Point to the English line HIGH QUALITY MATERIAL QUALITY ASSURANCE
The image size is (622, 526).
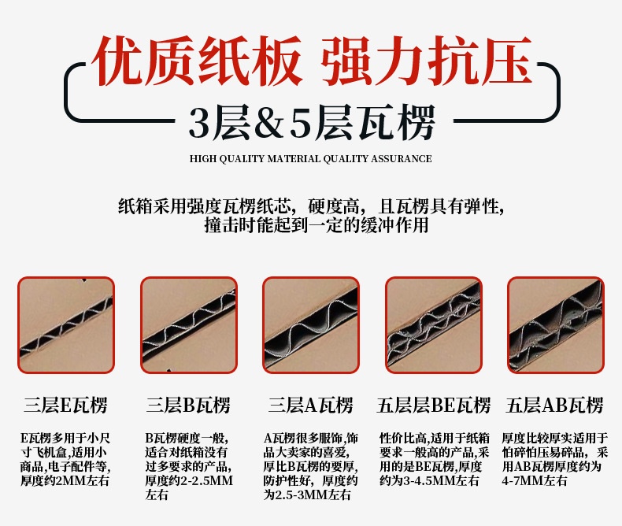click(311, 159)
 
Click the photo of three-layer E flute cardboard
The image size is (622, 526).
click(66, 324)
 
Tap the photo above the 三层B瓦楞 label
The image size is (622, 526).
click(189, 324)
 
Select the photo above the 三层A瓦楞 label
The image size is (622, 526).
click(311, 324)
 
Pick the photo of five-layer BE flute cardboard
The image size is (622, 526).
click(433, 324)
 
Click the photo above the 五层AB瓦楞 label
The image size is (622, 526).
click(556, 324)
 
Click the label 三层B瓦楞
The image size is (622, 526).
click(188, 406)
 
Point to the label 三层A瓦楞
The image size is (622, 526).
click(310, 406)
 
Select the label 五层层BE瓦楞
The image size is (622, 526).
click(433, 406)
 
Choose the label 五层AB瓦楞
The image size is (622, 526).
click(555, 406)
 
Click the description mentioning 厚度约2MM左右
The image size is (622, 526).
click(66, 458)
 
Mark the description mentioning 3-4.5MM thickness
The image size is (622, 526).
click(434, 458)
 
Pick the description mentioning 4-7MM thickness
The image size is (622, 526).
click(555, 458)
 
